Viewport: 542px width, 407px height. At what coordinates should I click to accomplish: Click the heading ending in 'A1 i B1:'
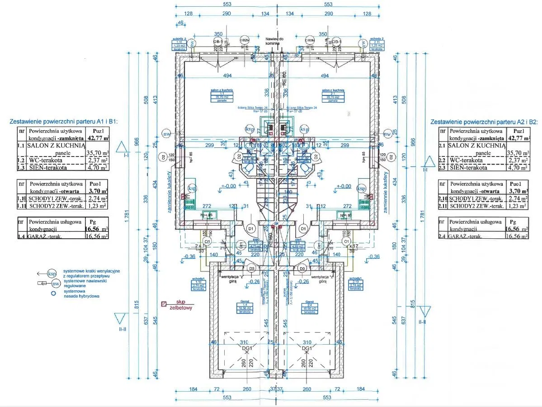(63, 122)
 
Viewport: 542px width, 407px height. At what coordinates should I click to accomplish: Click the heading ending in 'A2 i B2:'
(484, 122)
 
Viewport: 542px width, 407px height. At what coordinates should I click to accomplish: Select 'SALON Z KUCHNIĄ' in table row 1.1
(57, 146)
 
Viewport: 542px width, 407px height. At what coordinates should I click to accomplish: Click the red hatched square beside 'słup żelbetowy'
(164, 304)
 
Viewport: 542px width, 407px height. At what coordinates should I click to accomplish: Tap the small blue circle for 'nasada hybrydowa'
(53, 293)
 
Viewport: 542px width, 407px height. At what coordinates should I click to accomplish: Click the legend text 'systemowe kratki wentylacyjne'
(91, 271)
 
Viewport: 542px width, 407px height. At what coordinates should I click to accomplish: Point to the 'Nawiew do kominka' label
(274, 42)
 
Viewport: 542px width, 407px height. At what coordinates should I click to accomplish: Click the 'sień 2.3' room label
(298, 244)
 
